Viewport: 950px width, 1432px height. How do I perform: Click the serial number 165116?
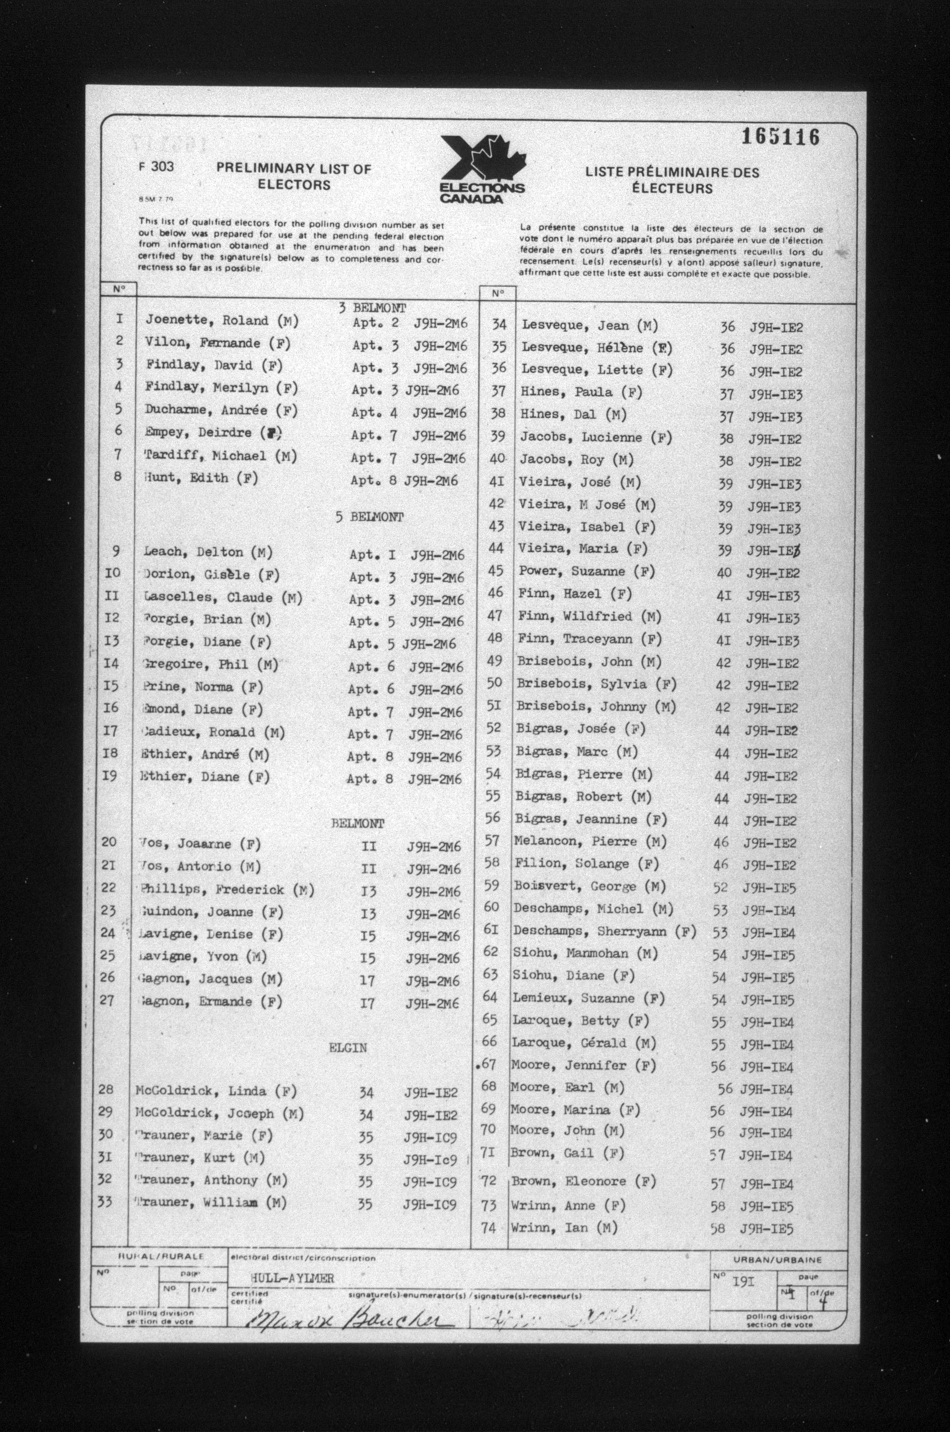(x=780, y=138)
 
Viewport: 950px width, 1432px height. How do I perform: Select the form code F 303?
(x=156, y=167)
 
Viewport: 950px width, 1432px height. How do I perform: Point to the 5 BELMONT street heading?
(x=370, y=517)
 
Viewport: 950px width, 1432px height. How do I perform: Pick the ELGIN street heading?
(x=348, y=1047)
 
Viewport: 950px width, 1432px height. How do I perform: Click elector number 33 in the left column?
(x=105, y=1201)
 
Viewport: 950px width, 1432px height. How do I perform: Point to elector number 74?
(x=488, y=1228)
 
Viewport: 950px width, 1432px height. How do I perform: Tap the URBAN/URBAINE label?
(x=778, y=1260)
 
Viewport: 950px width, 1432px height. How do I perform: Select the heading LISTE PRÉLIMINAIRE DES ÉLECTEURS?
(x=672, y=180)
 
